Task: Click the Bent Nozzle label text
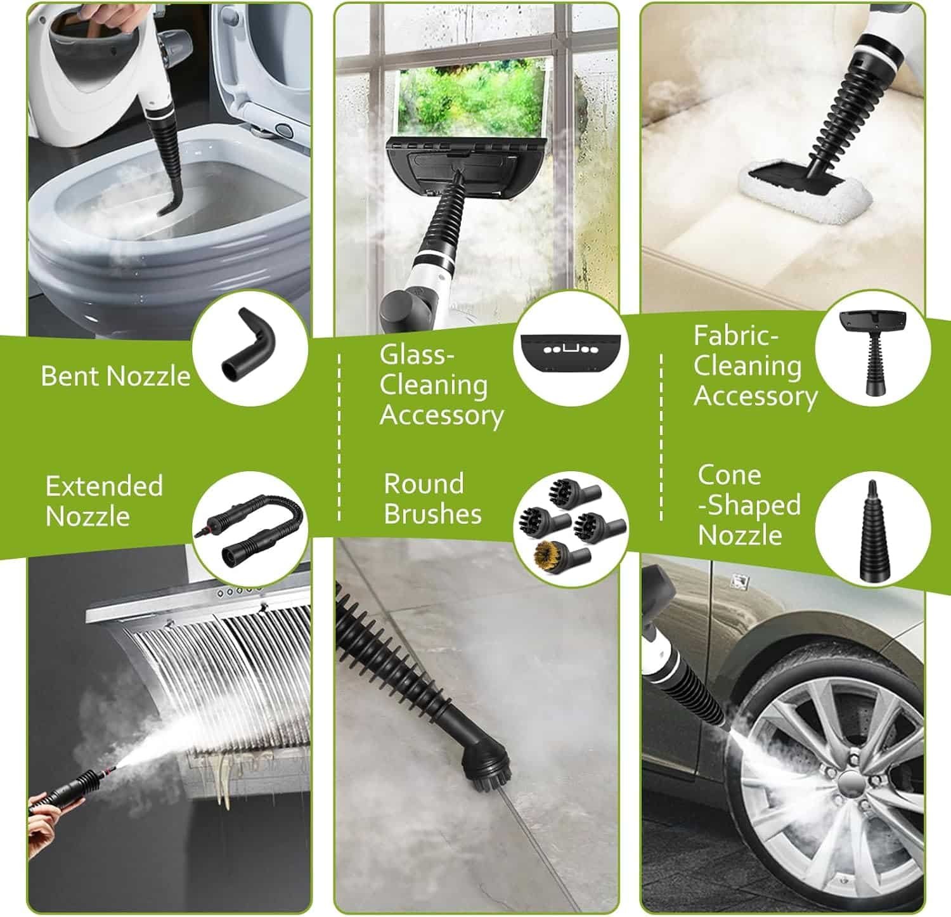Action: click(x=115, y=376)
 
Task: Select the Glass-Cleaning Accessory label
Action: click(x=441, y=385)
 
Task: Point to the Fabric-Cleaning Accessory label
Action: click(x=754, y=366)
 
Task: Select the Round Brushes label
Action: click(x=432, y=498)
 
